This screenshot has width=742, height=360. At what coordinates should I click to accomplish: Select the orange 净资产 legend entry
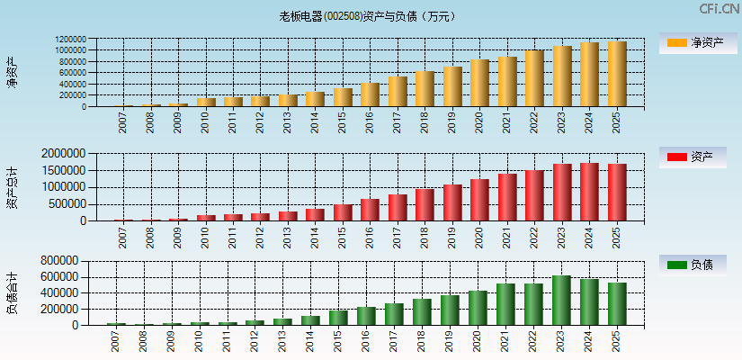coord(693,42)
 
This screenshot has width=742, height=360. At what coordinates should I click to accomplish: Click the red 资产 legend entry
coord(693,157)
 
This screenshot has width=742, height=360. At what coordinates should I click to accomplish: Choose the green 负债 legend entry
coord(693,265)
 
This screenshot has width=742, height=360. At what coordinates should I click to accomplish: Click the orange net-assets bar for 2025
coord(616,74)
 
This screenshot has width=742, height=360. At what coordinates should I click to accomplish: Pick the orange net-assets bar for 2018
coord(425,89)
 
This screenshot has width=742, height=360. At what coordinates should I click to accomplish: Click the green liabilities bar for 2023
coord(561,301)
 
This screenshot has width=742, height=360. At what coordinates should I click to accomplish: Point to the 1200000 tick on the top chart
coord(70,40)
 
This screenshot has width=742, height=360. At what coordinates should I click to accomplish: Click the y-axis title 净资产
coord(13,72)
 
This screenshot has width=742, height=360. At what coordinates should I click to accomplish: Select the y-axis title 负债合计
coord(13,292)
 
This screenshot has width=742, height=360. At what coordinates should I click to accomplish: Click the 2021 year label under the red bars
coord(507,238)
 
